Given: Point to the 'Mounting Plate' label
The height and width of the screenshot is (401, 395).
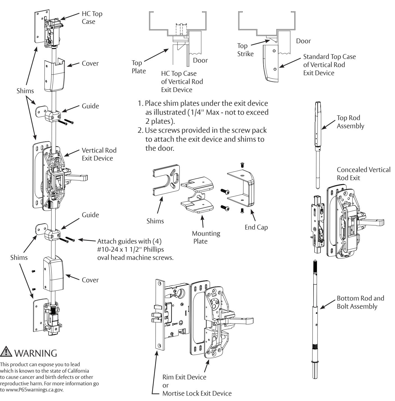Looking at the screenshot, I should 206,237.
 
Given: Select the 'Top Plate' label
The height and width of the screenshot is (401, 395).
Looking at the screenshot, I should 139,67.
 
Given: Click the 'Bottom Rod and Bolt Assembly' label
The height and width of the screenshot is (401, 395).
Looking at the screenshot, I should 360,302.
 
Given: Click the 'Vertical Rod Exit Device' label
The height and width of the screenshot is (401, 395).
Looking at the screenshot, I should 99,154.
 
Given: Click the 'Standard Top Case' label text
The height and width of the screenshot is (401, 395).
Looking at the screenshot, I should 329,57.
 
